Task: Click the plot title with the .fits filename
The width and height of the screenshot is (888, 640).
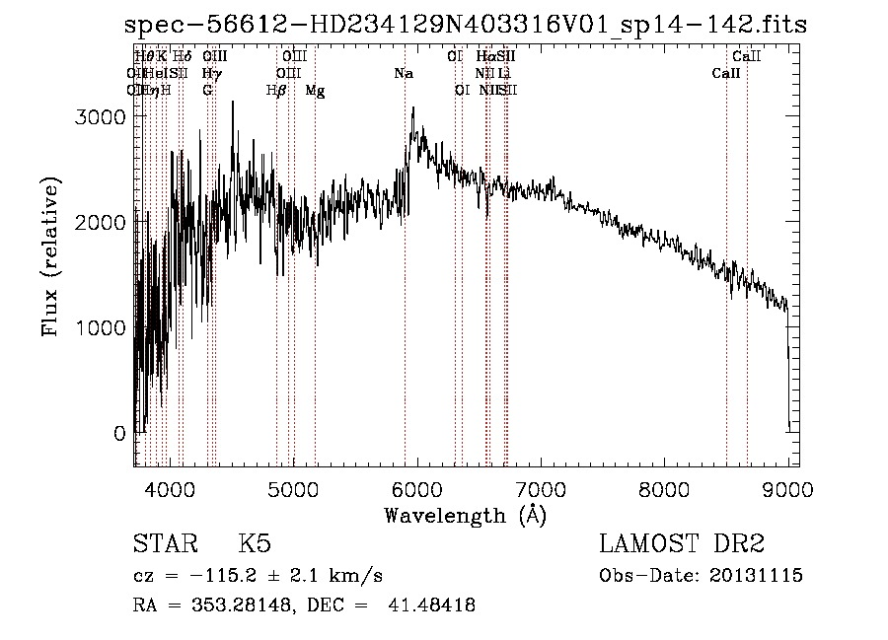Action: [444, 27]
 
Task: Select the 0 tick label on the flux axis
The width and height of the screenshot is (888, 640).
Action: [119, 433]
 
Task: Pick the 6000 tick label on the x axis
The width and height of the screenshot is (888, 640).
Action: [416, 488]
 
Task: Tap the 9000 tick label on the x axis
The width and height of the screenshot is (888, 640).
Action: [786, 488]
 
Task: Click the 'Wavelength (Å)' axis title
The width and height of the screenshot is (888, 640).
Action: [465, 514]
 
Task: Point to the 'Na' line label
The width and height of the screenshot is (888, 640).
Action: [403, 74]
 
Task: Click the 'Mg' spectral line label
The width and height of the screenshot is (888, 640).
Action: [315, 91]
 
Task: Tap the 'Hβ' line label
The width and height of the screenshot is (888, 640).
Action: [276, 91]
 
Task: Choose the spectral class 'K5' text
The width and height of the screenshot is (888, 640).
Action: [255, 544]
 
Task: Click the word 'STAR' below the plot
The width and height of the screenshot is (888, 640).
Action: [166, 544]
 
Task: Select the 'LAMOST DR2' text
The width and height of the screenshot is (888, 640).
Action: [682, 544]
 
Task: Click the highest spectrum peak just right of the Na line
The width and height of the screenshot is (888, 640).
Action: [412, 107]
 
